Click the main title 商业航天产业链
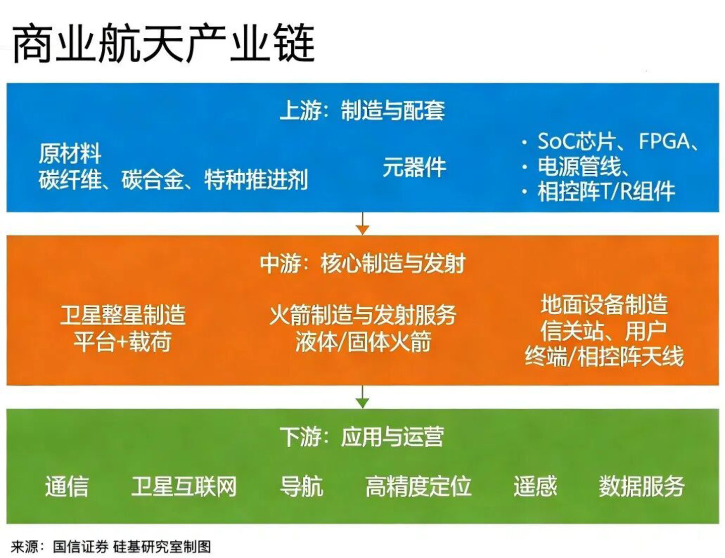163,43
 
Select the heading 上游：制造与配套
362,110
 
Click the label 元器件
414,167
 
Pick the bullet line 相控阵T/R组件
606,191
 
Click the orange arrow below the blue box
363,223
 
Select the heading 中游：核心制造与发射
362,264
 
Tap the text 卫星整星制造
122,315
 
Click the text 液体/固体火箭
363,341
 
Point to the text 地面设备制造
604,304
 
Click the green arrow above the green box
363,397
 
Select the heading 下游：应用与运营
362,437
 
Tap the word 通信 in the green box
67,486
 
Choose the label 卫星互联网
184,486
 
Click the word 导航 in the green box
302,486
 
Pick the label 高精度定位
418,486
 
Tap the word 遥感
535,486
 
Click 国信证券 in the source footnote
81,547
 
